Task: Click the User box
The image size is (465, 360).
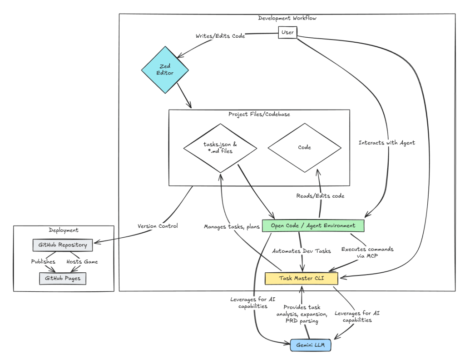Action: [x=287, y=32]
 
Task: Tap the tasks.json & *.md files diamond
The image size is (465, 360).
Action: [x=221, y=148]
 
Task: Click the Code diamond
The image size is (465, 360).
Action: [x=304, y=148]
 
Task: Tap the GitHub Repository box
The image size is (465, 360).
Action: [x=63, y=245]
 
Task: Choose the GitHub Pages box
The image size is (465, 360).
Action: [x=63, y=278]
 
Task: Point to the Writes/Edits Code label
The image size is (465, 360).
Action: [x=220, y=36]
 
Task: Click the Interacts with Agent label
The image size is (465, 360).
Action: [x=386, y=143]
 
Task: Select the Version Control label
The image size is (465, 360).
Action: [x=157, y=226]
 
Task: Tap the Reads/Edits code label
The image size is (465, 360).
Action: [x=321, y=195]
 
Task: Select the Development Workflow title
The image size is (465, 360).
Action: [x=287, y=18]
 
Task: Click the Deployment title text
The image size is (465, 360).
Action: [x=63, y=230]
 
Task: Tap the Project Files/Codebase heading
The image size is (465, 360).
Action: [x=259, y=114]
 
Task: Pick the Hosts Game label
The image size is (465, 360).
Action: [x=82, y=262]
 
